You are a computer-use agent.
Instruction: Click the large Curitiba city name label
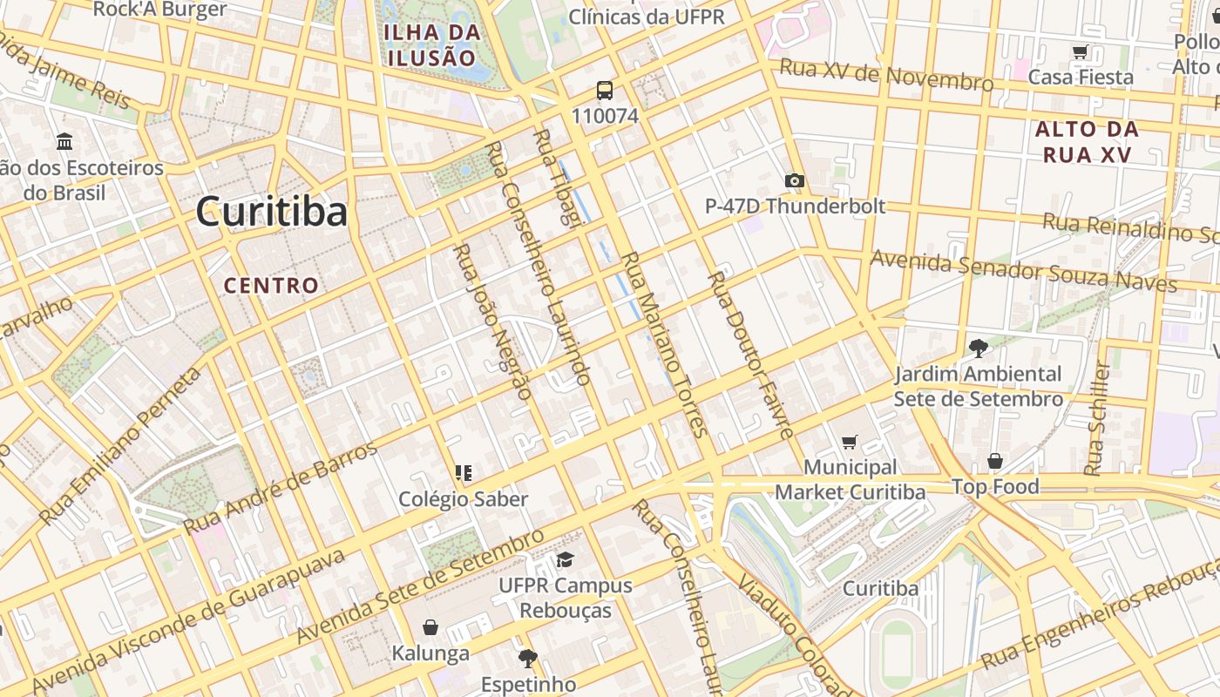[x=271, y=212]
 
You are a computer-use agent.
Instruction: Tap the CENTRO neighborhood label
[x=271, y=286]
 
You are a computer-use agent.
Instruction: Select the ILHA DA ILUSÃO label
[x=431, y=45]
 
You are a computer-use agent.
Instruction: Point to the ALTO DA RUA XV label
[x=1086, y=142]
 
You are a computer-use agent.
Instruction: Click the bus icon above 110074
[x=604, y=91]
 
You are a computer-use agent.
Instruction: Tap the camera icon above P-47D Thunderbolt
[x=794, y=181]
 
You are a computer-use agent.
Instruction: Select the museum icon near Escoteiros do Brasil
[x=64, y=141]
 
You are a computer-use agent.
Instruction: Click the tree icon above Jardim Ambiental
[x=978, y=348]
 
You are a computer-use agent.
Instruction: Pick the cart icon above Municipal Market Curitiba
[x=850, y=443]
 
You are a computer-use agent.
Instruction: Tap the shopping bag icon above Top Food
[x=994, y=461]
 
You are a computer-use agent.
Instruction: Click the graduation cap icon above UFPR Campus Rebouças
[x=566, y=559]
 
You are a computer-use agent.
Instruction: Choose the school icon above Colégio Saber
[x=463, y=473]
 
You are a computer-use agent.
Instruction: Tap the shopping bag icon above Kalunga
[x=430, y=627]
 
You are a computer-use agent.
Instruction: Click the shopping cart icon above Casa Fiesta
[x=1081, y=52]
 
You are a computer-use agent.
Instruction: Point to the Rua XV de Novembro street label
[x=886, y=75]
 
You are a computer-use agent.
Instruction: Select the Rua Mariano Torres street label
[x=662, y=344]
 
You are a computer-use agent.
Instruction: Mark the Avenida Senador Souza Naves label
[x=1023, y=271]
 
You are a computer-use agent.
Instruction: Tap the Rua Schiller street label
[x=1097, y=418]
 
